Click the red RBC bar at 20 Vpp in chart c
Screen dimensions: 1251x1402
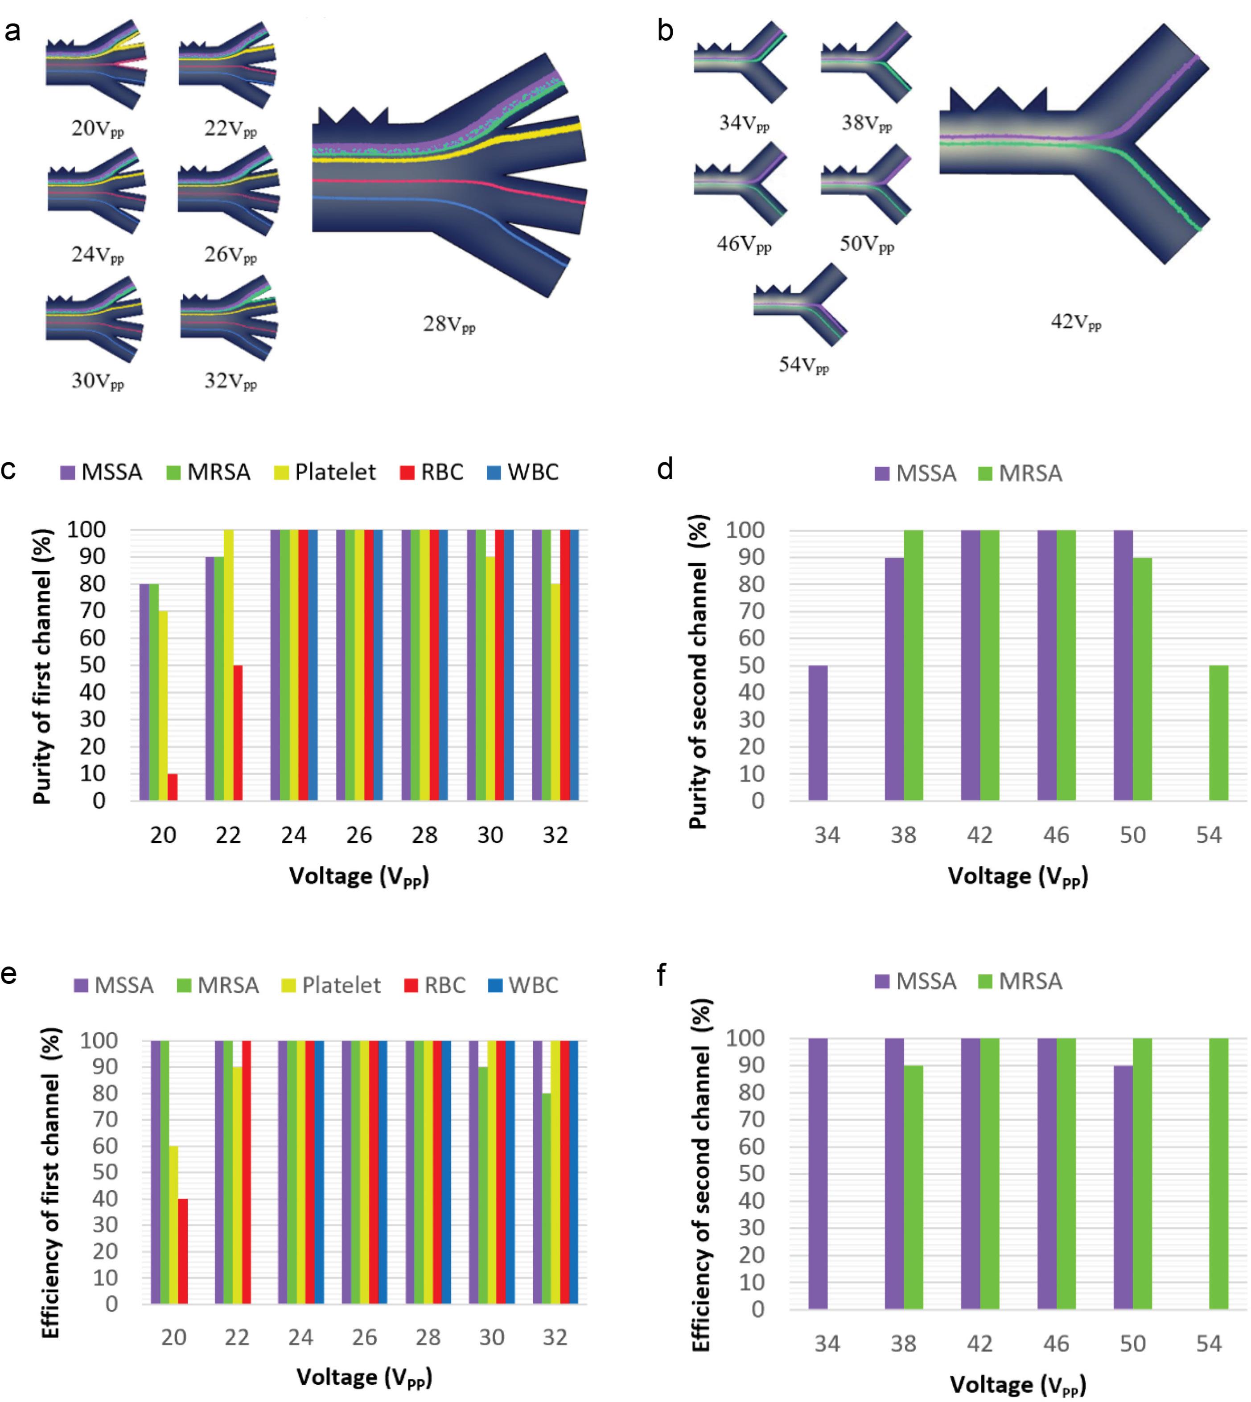pos(173,787)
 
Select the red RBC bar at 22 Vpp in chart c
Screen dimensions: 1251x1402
pos(238,732)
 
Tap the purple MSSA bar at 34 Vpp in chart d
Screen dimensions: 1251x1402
pos(818,732)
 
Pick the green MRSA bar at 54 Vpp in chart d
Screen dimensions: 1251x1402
pos(1219,732)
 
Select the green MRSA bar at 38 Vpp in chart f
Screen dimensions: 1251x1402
pos(914,1187)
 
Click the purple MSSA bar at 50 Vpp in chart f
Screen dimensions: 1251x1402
pos(1123,1187)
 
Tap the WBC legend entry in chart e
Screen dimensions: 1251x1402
pos(523,985)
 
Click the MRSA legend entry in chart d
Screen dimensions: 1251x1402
pos(1020,473)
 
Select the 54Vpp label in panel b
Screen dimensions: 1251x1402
pos(803,365)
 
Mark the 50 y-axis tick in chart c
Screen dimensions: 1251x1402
pos(92,665)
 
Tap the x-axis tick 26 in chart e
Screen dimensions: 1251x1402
pos(364,1337)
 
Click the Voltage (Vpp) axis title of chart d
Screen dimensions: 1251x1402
pos(1018,877)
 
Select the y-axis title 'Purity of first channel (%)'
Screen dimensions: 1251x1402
pos(43,666)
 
